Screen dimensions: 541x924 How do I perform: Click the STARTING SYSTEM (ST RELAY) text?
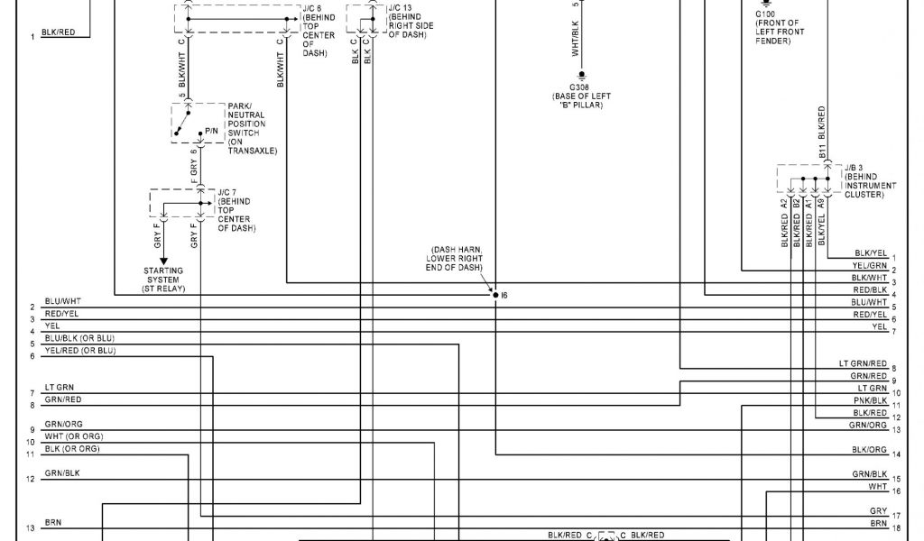coord(162,280)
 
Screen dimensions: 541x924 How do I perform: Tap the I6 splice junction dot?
coord(495,294)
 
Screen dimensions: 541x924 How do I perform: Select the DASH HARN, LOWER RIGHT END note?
coord(455,258)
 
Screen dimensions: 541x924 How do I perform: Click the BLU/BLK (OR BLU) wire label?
coord(80,337)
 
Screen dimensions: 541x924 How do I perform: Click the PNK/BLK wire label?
coord(870,399)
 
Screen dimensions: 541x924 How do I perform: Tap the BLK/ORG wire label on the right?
coord(869,449)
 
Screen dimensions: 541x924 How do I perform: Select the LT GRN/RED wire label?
coord(863,363)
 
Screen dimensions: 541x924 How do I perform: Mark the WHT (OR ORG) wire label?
coord(72,437)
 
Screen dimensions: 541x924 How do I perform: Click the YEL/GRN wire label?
coord(870,266)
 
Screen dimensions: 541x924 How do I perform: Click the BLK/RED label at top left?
coord(59,32)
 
